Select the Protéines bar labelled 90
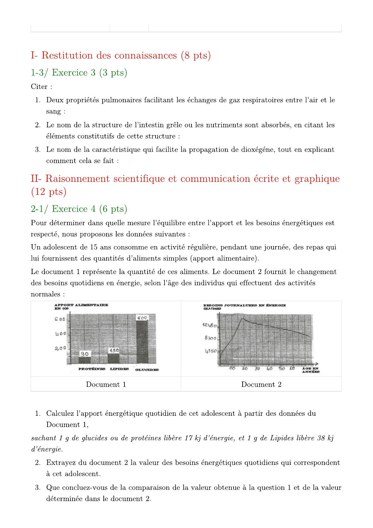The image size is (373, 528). pyautogui.click(x=85, y=357)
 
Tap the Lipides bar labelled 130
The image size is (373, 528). pyautogui.click(x=113, y=355)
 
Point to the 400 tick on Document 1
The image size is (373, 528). pyautogui.click(x=61, y=334)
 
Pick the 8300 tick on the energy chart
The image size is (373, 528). pyautogui.click(x=210, y=338)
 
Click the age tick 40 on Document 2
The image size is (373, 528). pyautogui.click(x=269, y=369)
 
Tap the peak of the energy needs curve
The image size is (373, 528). pyautogui.click(x=242, y=319)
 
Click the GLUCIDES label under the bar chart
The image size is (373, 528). pyautogui.click(x=147, y=370)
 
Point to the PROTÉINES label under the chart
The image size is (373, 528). pyautogui.click(x=92, y=369)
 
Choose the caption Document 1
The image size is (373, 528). pyautogui.click(x=106, y=384)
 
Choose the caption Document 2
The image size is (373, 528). pyautogui.click(x=261, y=384)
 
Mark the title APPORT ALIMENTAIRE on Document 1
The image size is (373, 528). pyautogui.click(x=81, y=305)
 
